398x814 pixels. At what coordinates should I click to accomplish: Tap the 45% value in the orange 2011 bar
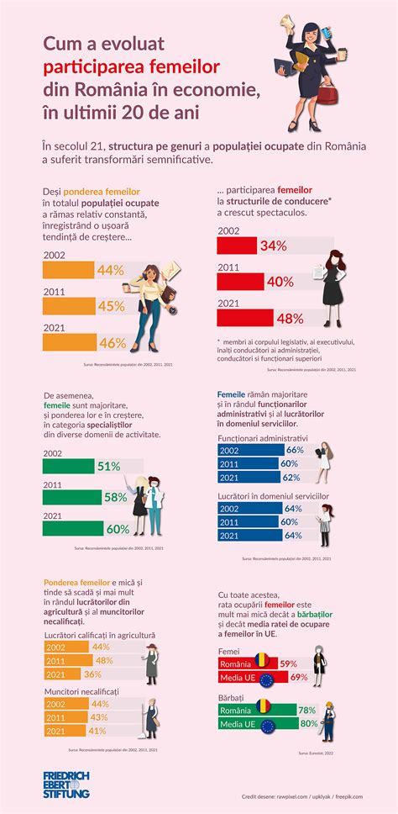coord(111,306)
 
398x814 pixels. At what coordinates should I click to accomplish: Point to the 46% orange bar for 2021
coord(84,342)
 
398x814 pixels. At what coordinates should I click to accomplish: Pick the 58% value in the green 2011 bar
coord(116,498)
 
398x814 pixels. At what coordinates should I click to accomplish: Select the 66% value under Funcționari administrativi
coord(294,451)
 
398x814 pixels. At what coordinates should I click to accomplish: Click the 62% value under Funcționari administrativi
coord(289,478)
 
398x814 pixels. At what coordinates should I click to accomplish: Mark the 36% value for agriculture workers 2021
coord(92,674)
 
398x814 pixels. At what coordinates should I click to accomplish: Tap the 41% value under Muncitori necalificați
coord(99,731)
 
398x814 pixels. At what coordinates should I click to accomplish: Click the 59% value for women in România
coord(288,663)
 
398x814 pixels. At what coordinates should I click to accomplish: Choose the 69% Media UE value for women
coord(298,677)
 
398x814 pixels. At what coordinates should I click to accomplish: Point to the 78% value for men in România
coord(307,711)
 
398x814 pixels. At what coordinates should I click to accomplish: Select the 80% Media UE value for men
coord(309,724)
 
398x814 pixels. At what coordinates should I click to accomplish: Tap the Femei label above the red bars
coord(228,651)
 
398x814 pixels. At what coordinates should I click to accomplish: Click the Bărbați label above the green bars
coord(232,698)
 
